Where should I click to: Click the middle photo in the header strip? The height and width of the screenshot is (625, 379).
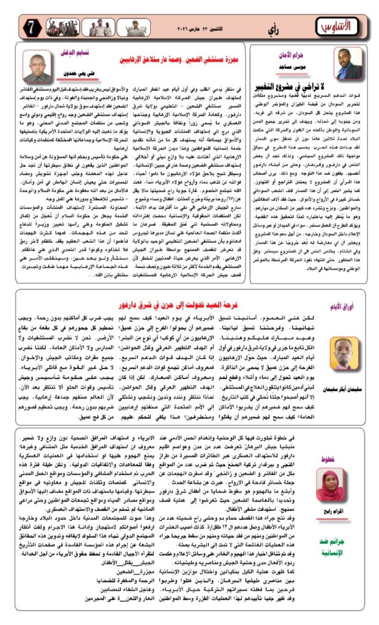[98, 26]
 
